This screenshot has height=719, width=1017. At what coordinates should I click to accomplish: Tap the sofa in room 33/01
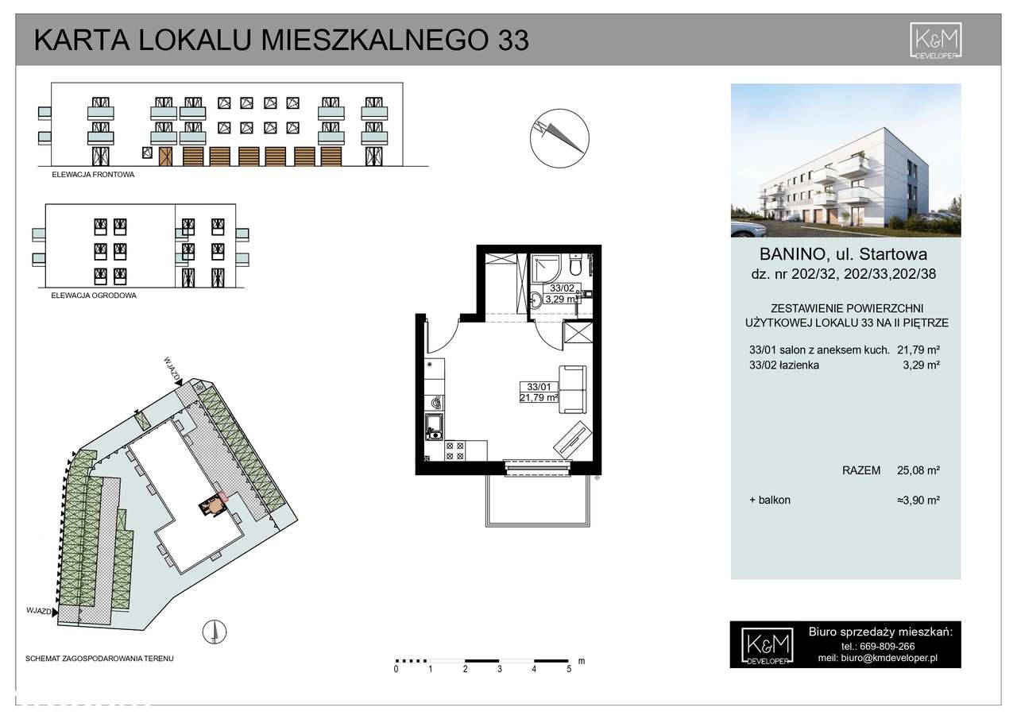pyautogui.click(x=573, y=389)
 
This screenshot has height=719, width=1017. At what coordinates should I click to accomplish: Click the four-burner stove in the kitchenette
pyautogui.click(x=455, y=451)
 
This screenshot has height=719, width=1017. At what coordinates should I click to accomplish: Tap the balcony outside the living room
pyautogui.click(x=538, y=501)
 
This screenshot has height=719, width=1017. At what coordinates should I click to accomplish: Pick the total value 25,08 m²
pyautogui.click(x=918, y=470)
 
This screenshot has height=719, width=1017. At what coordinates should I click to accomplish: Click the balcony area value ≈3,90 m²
pyautogui.click(x=918, y=501)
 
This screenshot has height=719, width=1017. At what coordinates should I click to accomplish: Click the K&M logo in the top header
pyautogui.click(x=936, y=41)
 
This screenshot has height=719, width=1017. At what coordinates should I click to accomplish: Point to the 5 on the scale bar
pyautogui.click(x=569, y=670)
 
